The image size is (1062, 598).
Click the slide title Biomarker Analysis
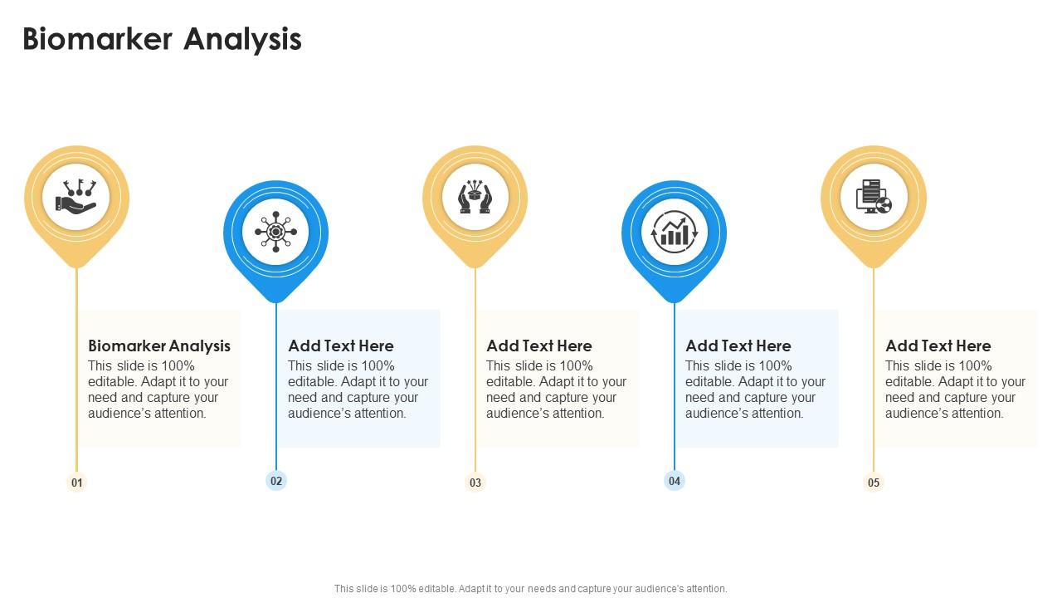[162, 39]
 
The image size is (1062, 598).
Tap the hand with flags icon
[76, 198]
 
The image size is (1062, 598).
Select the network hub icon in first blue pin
[275, 233]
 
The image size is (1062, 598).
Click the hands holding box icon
[475, 198]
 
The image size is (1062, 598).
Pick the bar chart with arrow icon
[674, 233]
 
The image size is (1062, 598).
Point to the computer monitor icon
[873, 198]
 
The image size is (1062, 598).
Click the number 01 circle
[76, 483]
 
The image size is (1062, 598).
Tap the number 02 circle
[276, 480]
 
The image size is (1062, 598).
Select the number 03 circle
[475, 483]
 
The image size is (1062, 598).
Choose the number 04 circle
[675, 480]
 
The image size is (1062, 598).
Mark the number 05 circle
[874, 483]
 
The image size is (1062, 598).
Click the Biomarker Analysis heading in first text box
[159, 346]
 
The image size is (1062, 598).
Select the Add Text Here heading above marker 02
[341, 346]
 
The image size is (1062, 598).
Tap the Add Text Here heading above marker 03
[539, 346]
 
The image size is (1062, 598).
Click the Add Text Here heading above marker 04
[738, 346]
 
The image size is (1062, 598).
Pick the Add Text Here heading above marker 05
[938, 346]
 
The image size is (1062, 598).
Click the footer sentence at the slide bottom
[531, 588]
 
